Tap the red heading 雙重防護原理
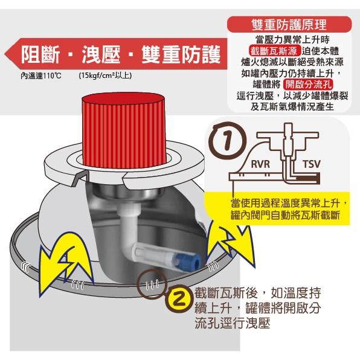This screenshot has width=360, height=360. [288, 25]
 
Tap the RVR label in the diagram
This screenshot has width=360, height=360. [261, 164]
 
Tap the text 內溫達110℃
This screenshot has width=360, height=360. [42, 77]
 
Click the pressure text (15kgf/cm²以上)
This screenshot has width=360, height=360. [104, 77]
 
